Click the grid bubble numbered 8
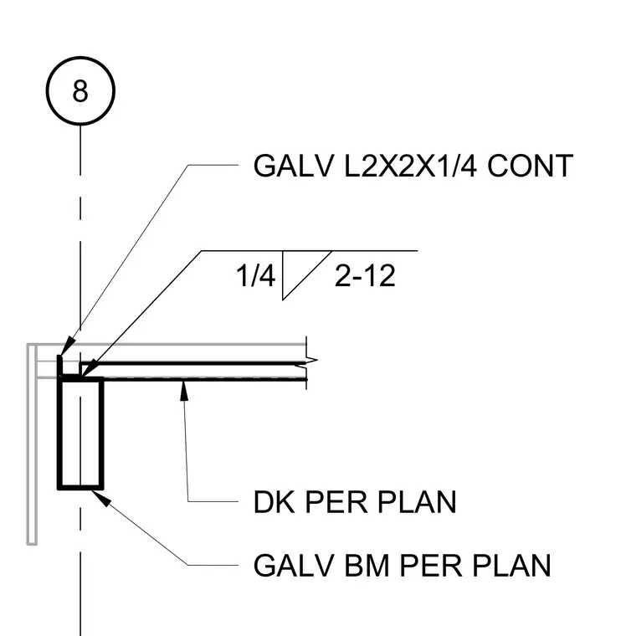pos(80,90)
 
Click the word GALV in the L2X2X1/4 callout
pos(293,166)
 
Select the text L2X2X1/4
pos(410,166)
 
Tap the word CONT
pos(530,166)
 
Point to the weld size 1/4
pos(255,275)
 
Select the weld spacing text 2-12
pos(365,275)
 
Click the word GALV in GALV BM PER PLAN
pos(293,565)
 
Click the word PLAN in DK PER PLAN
pos(417,502)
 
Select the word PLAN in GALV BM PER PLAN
pos(512,565)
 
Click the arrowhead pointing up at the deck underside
pos(184,390)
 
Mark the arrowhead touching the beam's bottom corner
pos(100,498)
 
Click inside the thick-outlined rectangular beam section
pos(80,433)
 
